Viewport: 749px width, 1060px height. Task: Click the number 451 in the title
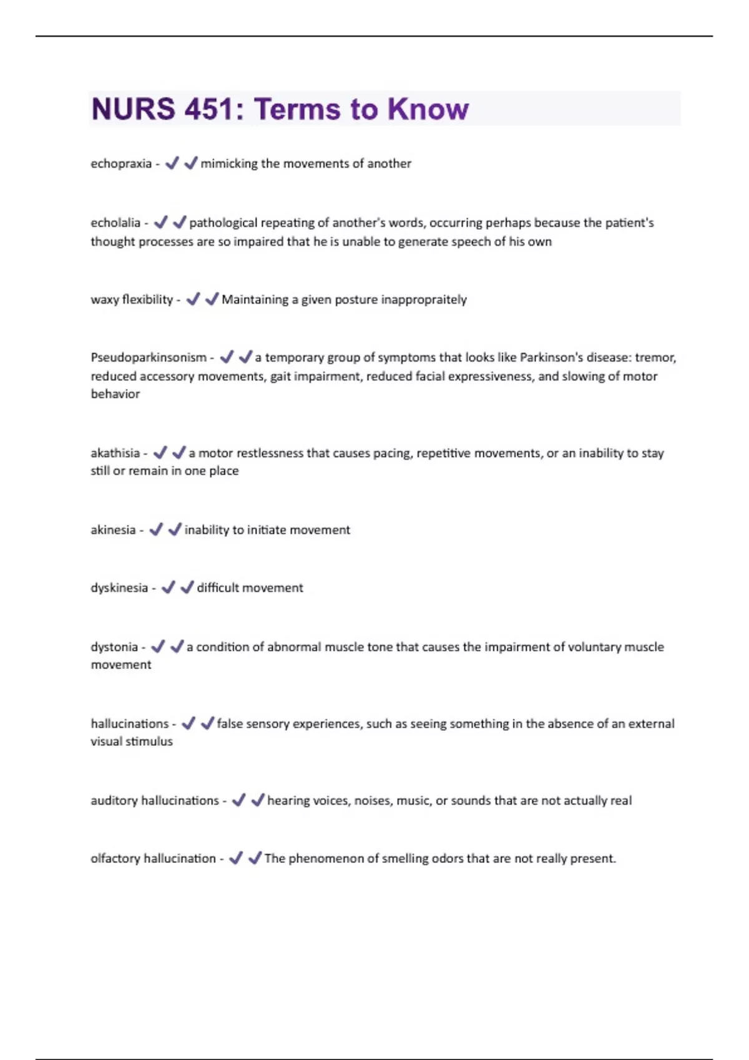click(207, 109)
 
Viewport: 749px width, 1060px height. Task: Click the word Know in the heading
click(428, 109)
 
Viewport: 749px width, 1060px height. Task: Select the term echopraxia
click(121, 164)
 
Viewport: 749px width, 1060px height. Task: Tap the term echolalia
click(115, 223)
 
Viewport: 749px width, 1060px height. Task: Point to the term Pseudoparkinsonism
click(149, 357)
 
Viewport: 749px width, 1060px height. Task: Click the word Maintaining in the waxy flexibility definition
click(254, 299)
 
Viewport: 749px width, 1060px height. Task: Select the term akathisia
click(115, 453)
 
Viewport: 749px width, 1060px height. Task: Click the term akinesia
click(113, 530)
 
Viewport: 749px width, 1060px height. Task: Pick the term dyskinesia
click(119, 588)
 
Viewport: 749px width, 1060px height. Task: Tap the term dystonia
click(114, 647)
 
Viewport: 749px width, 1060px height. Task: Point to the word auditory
click(114, 801)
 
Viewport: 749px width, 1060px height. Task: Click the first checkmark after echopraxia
click(172, 163)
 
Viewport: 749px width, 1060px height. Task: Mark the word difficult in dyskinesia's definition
click(218, 588)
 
